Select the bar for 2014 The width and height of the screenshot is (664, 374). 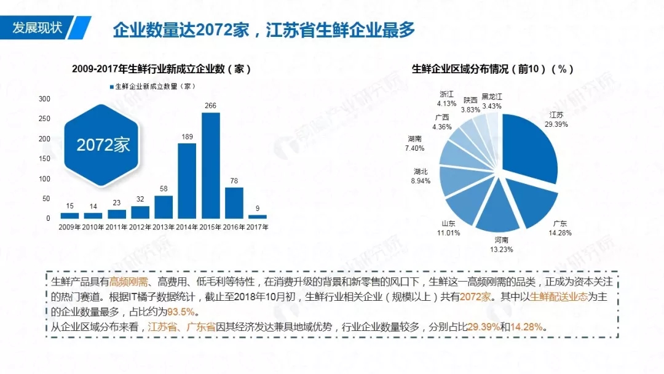(187, 181)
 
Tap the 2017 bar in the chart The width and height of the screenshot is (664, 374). (258, 217)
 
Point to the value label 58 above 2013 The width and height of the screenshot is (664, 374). (164, 188)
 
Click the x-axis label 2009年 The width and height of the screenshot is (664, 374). (69, 228)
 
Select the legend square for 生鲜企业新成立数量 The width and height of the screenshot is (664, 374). (111, 87)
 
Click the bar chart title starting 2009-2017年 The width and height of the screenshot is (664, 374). (161, 69)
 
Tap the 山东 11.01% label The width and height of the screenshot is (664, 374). (448, 228)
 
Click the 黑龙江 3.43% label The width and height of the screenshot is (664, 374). (492, 101)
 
